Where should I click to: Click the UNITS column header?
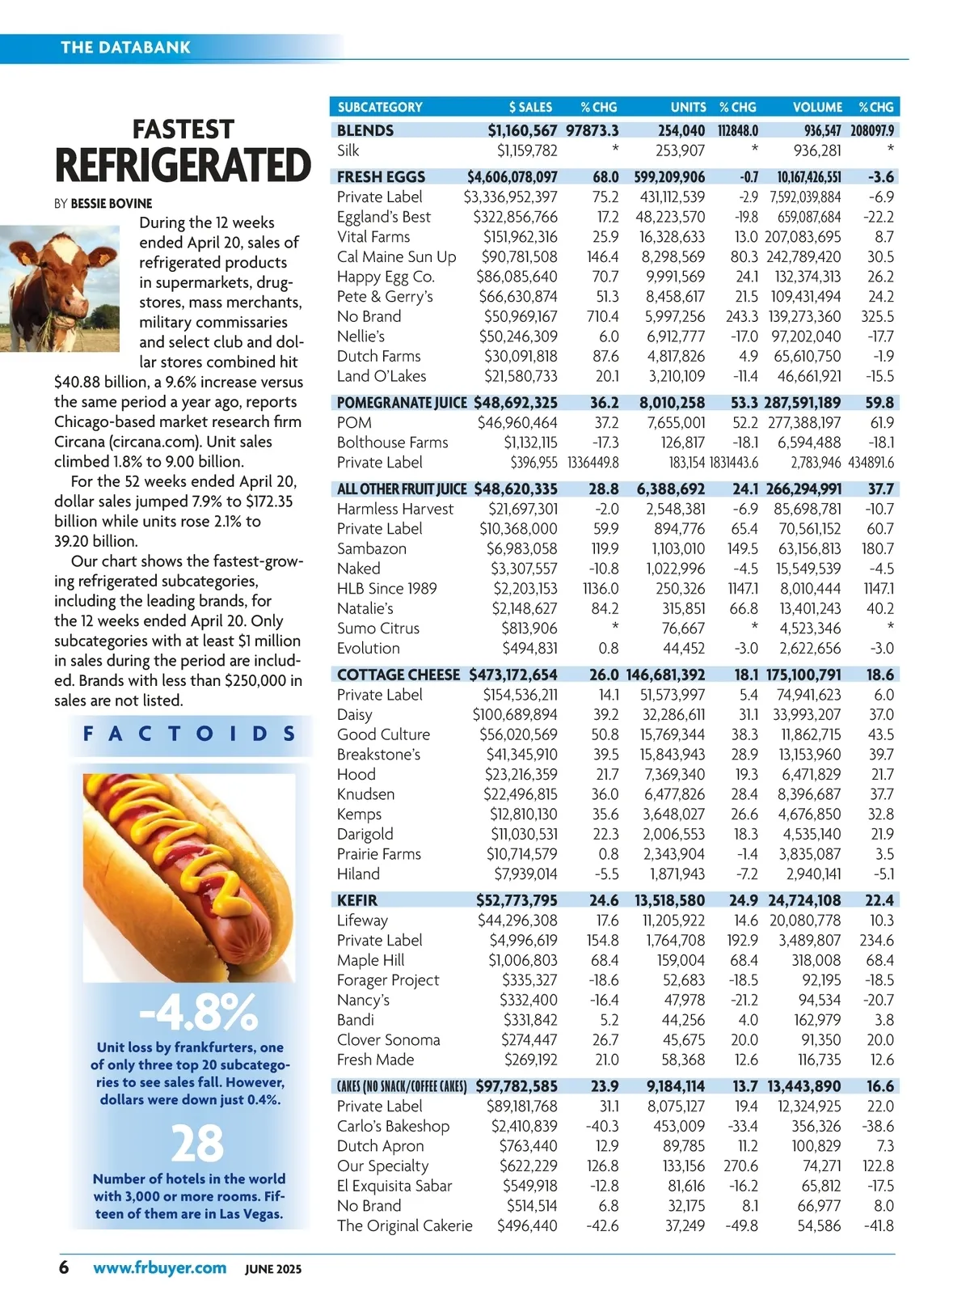click(x=688, y=107)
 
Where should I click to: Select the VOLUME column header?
click(x=817, y=107)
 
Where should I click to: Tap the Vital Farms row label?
click(x=373, y=237)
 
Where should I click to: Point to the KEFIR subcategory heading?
click(x=357, y=900)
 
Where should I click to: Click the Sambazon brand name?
click(x=372, y=548)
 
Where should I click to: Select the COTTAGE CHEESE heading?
click(x=398, y=675)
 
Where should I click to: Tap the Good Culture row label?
click(x=383, y=734)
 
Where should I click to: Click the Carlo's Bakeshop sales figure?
click(x=524, y=1126)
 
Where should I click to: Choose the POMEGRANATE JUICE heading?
click(x=402, y=403)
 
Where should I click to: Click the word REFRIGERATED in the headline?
click(x=183, y=166)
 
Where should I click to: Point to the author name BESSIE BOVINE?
click(x=111, y=204)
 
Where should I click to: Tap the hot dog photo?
click(x=189, y=878)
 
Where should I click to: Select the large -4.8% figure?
click(x=198, y=1011)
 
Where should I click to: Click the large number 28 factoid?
click(x=197, y=1143)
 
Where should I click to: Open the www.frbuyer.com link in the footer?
click(x=159, y=1267)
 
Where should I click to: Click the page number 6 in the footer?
click(x=64, y=1267)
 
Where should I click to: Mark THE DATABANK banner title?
click(x=125, y=48)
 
